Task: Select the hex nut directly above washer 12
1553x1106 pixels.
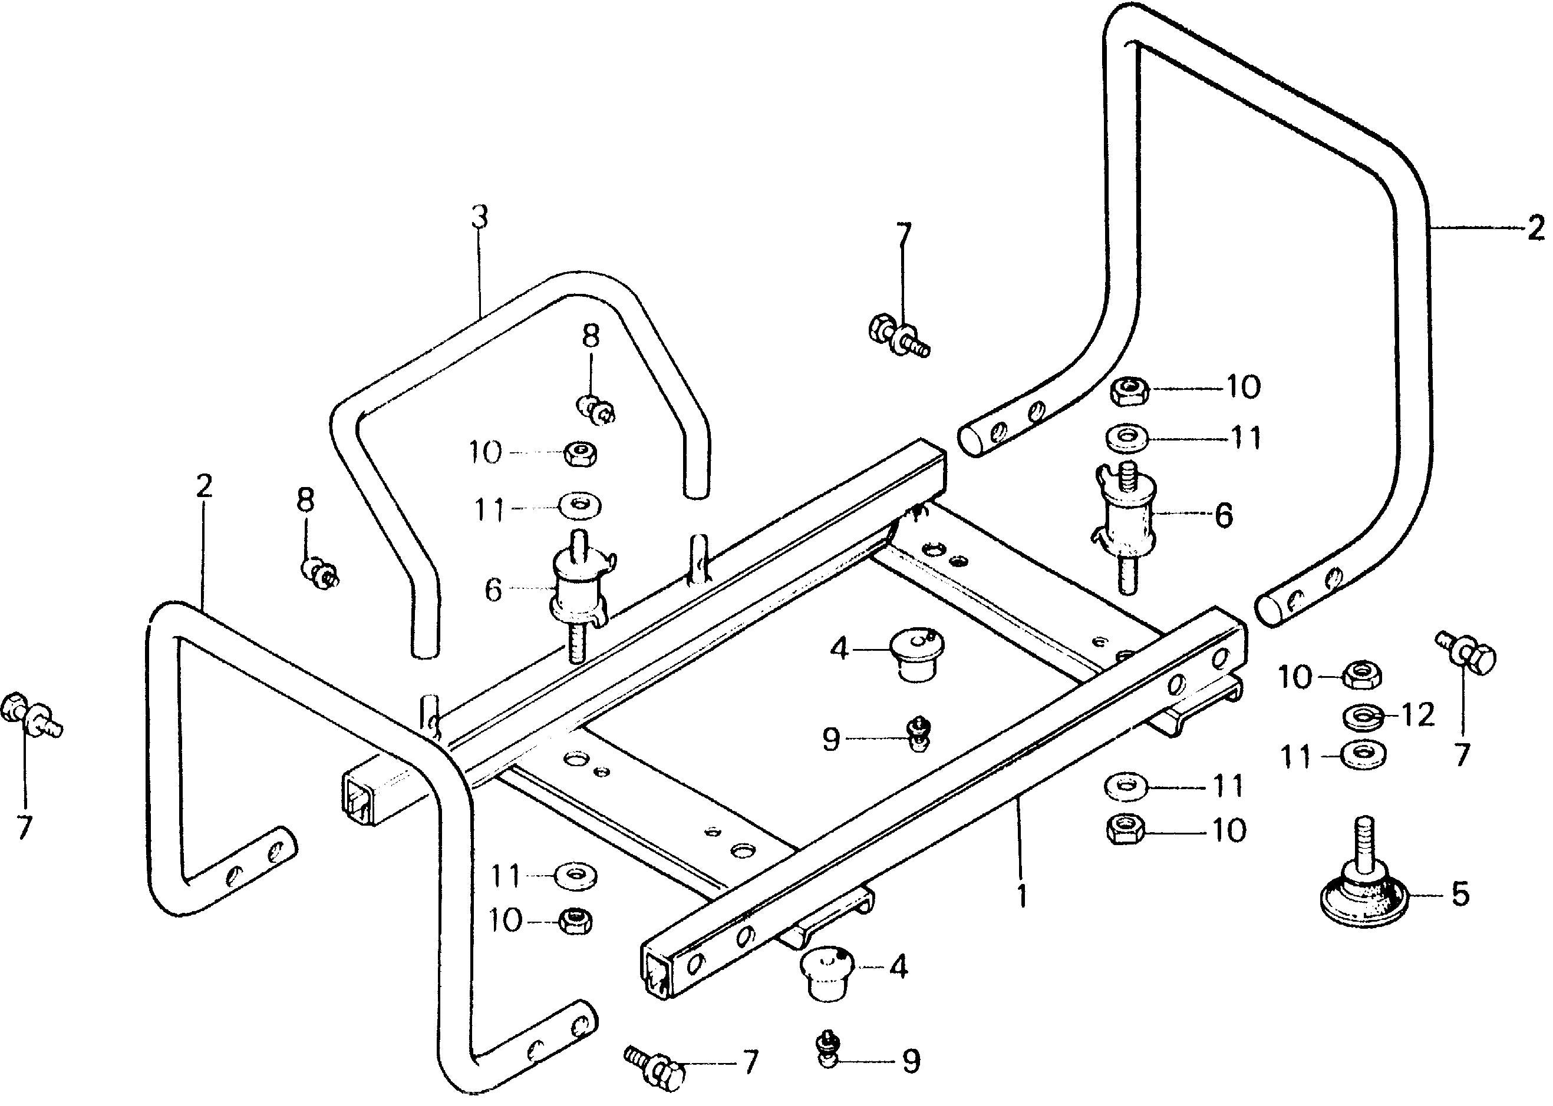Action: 1361,676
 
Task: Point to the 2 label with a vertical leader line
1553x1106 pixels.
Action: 204,486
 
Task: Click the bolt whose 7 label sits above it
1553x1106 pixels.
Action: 899,335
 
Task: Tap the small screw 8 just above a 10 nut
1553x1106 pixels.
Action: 597,409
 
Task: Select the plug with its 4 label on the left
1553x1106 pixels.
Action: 916,654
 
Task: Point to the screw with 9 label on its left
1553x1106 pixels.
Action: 919,734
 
